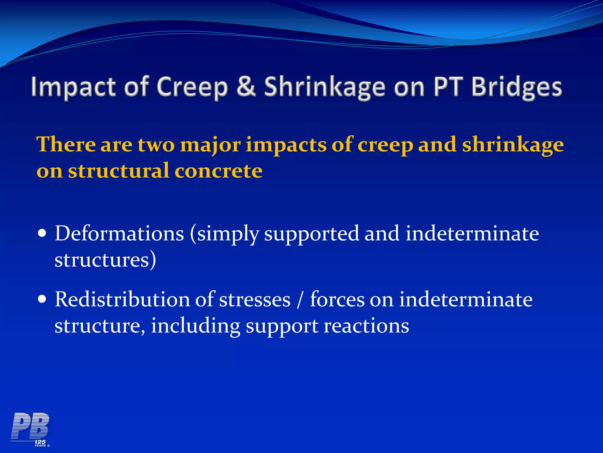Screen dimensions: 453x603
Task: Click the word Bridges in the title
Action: tap(517, 87)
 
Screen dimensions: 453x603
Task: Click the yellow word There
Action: tap(66, 145)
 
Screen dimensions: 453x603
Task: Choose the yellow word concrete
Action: tap(218, 171)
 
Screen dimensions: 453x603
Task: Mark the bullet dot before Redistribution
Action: tap(42, 300)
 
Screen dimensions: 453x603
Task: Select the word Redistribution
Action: tap(122, 299)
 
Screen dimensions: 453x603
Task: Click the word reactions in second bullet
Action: tap(366, 326)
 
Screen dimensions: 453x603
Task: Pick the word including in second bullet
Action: tap(196, 326)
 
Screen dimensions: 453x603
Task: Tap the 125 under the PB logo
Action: tap(40, 441)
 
